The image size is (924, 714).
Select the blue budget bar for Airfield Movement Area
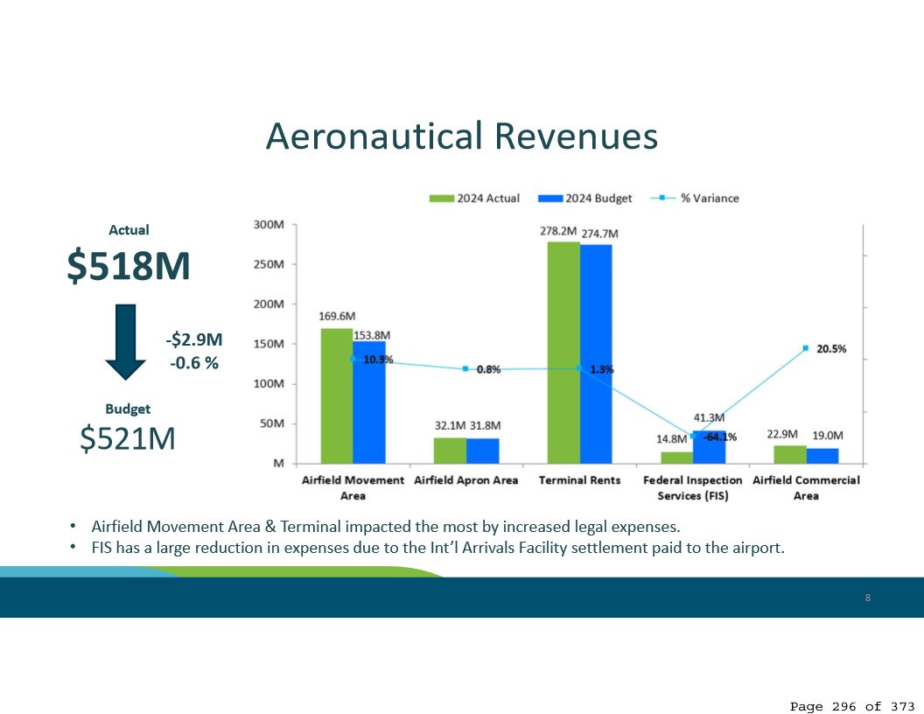pos(369,402)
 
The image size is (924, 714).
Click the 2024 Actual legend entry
pos(474,198)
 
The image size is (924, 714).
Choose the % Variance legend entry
pos(700,198)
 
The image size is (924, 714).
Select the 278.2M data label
pos(557,232)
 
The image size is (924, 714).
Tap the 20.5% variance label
pos(831,348)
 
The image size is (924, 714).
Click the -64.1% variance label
pos(720,437)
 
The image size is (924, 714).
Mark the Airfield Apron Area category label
pos(466,480)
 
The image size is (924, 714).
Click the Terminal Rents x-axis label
pos(579,480)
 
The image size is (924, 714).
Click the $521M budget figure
pos(128,439)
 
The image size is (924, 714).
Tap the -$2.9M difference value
pos(194,339)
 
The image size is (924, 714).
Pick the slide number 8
pos(867,598)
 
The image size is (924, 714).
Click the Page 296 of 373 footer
pos(852,706)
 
